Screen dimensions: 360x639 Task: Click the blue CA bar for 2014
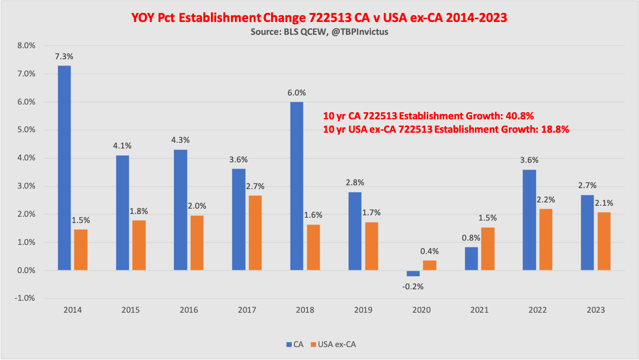64,168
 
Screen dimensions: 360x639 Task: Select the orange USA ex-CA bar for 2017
255,233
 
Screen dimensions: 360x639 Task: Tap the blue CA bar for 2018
296,186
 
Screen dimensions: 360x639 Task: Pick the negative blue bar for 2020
413,273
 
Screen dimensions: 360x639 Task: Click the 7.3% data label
64,56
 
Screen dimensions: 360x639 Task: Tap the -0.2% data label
413,286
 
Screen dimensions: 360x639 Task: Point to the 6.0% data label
296,93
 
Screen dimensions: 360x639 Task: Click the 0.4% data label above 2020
429,251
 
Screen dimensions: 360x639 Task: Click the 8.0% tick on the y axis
26,46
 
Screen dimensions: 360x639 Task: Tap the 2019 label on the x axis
363,310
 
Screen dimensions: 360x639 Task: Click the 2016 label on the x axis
189,310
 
